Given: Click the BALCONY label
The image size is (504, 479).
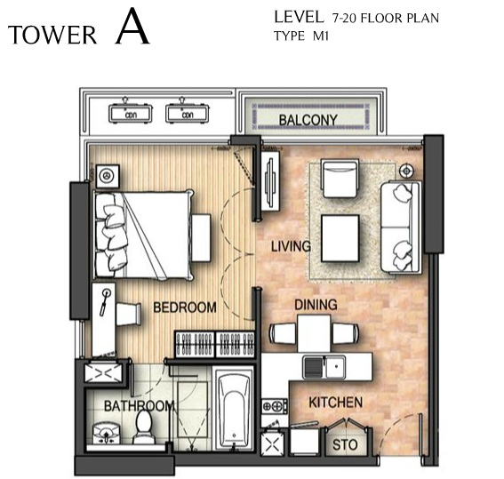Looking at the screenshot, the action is (x=308, y=120).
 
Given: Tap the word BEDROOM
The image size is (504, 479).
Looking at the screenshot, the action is (x=185, y=307).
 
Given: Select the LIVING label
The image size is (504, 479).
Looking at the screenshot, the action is (x=291, y=246).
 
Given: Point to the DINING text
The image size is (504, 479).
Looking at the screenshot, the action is (x=316, y=305).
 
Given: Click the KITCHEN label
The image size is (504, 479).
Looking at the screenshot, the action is (x=336, y=403).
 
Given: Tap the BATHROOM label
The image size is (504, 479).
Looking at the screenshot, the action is (x=140, y=406).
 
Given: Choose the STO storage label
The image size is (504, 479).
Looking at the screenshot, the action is (x=345, y=445).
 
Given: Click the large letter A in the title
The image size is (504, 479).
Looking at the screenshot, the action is (x=132, y=26).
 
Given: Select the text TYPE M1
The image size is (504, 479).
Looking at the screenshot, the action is (x=301, y=36).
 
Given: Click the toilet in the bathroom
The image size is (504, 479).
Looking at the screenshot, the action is (x=144, y=427).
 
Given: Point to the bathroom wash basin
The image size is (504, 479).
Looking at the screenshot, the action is (x=106, y=433).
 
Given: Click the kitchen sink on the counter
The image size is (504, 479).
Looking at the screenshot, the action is (x=324, y=367).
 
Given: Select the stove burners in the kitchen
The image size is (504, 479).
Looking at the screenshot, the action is (x=275, y=406).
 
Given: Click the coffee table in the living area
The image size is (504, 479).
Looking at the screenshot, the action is (x=340, y=238).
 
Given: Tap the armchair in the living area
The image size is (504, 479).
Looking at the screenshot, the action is (x=340, y=180).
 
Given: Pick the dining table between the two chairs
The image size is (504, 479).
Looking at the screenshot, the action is (x=314, y=333).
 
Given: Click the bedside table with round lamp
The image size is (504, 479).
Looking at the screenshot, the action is (x=108, y=176).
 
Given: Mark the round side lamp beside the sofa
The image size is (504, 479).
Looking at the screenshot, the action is (x=406, y=171).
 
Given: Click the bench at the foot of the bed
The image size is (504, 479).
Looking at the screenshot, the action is (x=201, y=238).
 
